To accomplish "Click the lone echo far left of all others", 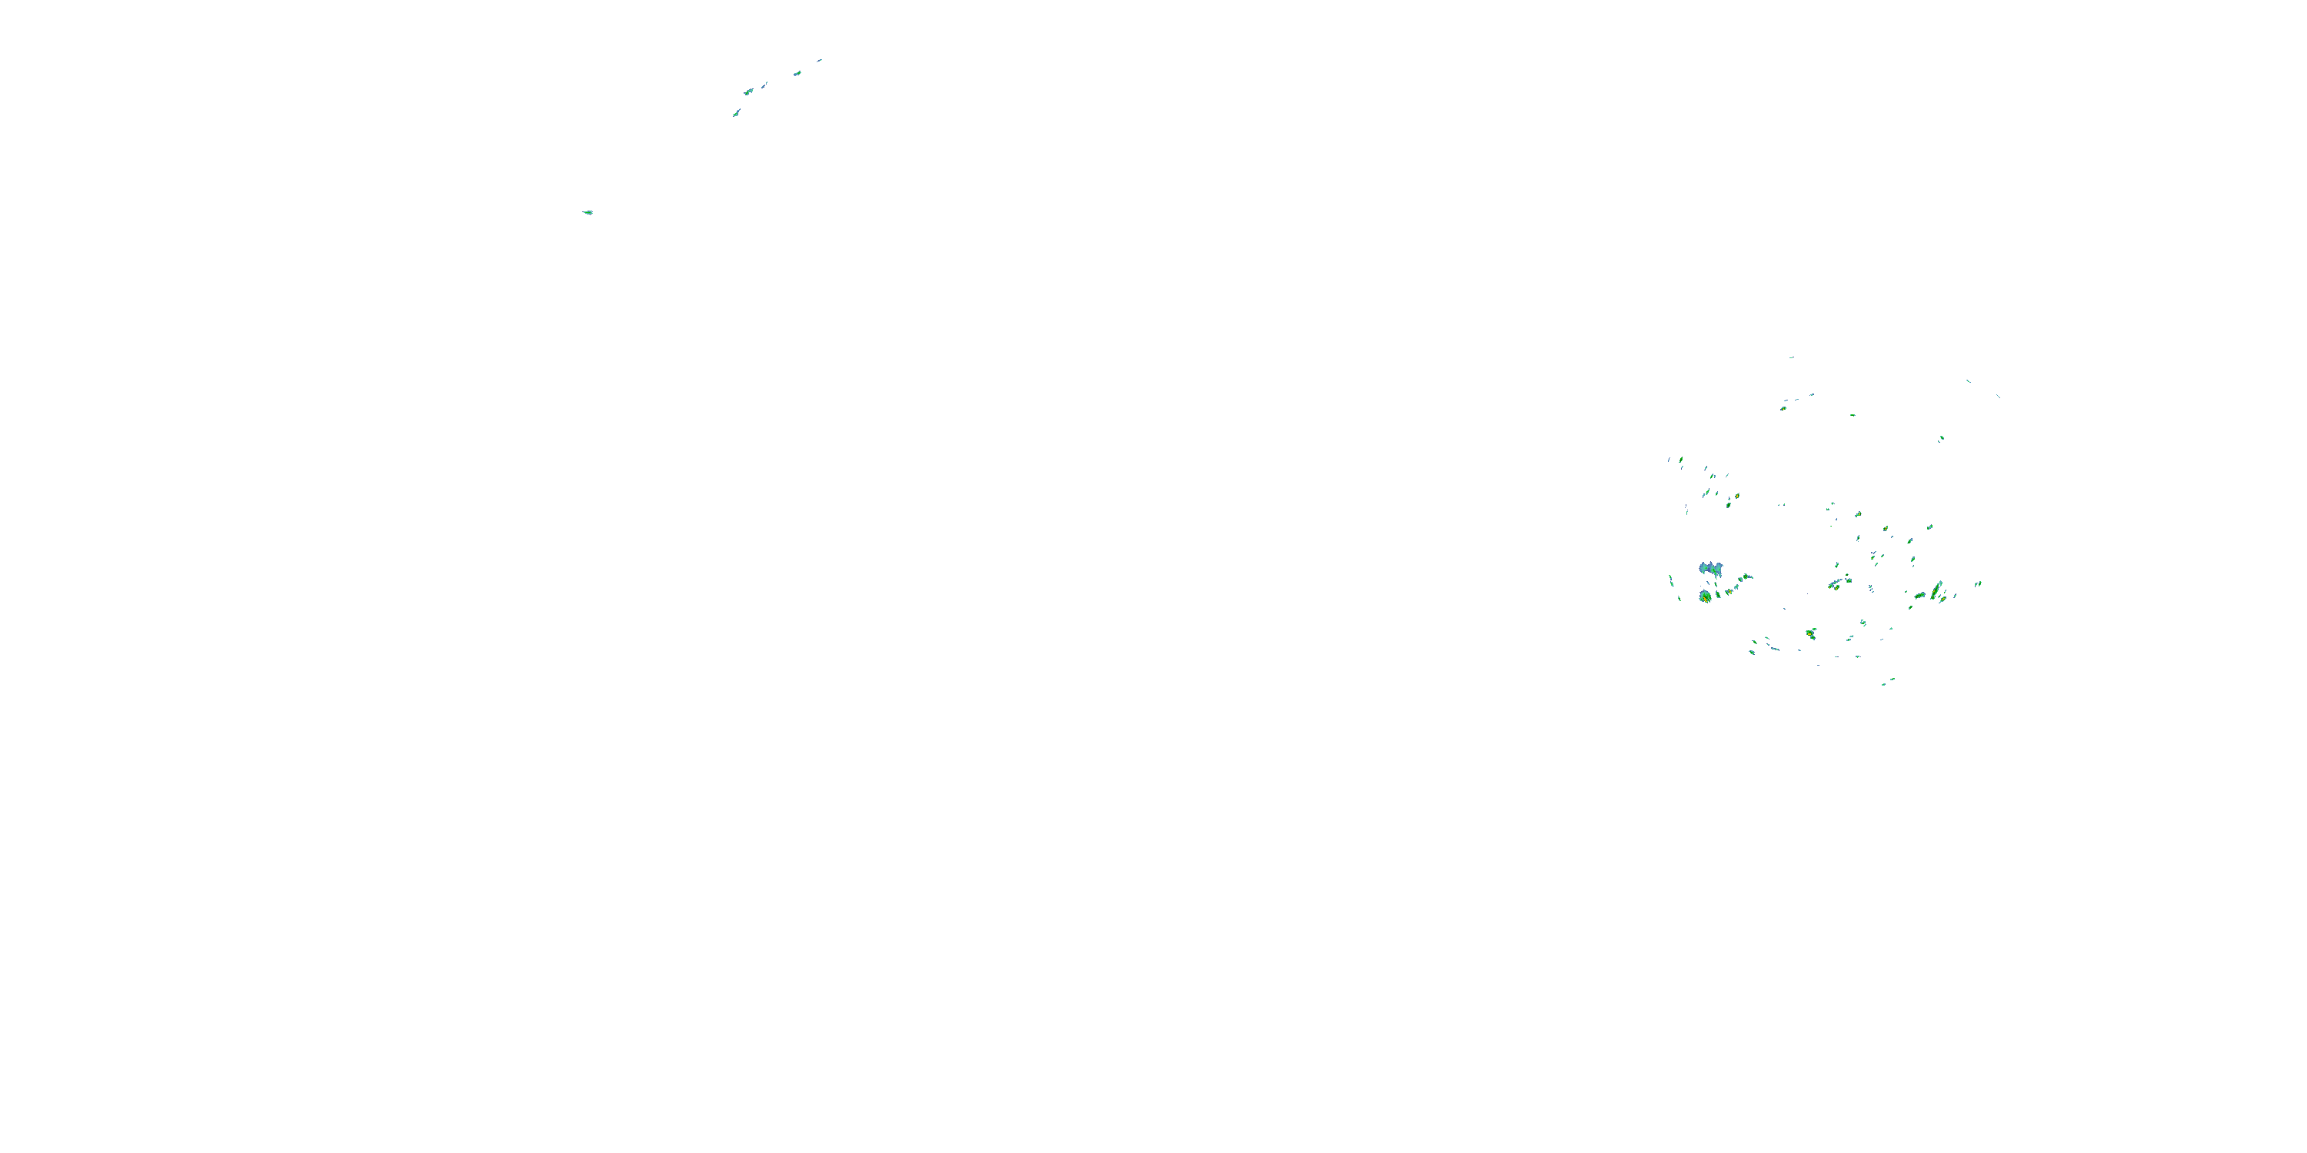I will [588, 212].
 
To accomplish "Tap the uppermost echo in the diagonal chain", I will [818, 61].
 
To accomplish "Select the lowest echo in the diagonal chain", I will [736, 113].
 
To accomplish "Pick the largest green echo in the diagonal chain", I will [747, 91].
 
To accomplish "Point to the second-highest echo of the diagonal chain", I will [797, 72].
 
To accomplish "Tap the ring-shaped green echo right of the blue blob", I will [1746, 576].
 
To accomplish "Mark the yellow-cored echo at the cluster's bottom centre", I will [1811, 634].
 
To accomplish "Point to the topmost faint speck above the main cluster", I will [1791, 357].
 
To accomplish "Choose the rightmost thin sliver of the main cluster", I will [1998, 396].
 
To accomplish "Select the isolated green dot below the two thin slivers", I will [1941, 439].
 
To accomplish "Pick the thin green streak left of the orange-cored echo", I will [1670, 580].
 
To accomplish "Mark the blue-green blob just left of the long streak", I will [1919, 595].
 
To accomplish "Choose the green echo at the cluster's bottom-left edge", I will [1753, 652].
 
